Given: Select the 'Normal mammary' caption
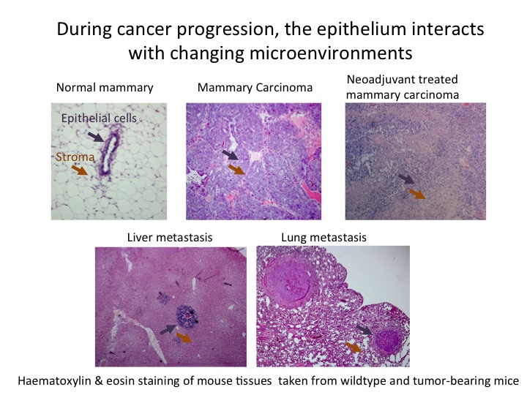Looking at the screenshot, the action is coord(105,88).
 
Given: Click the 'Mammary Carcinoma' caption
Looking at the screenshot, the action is coord(255,88).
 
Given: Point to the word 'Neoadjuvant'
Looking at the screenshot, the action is coord(379,80).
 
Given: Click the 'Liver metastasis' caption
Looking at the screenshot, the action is coord(170,238).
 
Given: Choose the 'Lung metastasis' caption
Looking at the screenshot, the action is coord(324,238).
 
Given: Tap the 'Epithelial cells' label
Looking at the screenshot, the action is coord(99,118).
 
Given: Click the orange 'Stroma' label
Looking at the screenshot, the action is coord(75,157).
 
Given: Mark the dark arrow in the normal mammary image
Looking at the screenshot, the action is coord(96,137).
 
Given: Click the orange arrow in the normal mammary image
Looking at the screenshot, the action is coord(80,170).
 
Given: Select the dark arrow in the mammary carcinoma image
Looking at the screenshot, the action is coord(231,155).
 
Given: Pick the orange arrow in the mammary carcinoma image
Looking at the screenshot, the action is coord(236,169).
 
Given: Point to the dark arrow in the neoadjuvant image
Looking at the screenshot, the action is coord(406,178).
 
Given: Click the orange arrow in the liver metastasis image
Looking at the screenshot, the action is coord(184,337).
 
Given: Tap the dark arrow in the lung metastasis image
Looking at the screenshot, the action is coord(364,329).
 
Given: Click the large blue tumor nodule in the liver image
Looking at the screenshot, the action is coord(187,317).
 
